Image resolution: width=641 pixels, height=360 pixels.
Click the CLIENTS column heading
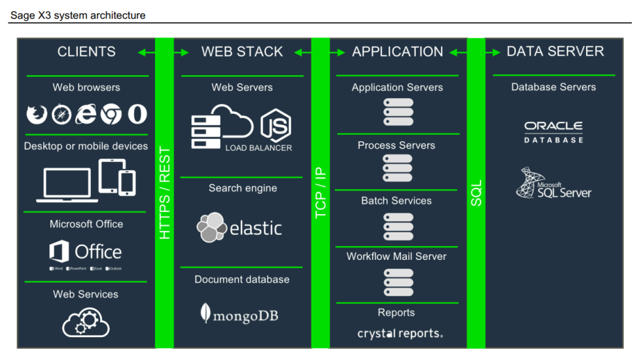[x=86, y=52]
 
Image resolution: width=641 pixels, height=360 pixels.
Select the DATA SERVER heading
[x=555, y=52]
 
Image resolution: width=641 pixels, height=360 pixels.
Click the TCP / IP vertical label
[x=320, y=193]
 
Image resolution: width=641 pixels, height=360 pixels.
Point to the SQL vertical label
[x=476, y=194]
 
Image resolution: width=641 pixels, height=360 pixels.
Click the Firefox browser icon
[x=37, y=115]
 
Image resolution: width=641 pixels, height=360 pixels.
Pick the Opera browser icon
[x=137, y=115]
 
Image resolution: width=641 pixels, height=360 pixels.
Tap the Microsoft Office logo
[x=86, y=252]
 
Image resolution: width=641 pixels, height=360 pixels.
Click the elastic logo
[x=240, y=228]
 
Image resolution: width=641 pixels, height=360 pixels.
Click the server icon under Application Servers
[x=398, y=112]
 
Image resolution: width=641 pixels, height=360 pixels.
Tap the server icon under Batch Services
[x=398, y=226]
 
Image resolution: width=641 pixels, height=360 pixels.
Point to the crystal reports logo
[x=400, y=334]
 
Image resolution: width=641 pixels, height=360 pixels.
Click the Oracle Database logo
[x=553, y=131]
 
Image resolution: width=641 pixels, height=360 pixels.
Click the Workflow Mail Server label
[x=396, y=257]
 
